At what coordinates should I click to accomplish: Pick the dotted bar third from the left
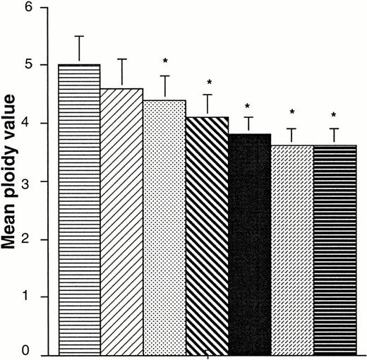click(x=164, y=226)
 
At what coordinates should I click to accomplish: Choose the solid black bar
click(x=250, y=244)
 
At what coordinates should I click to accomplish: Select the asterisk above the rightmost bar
click(x=335, y=115)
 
